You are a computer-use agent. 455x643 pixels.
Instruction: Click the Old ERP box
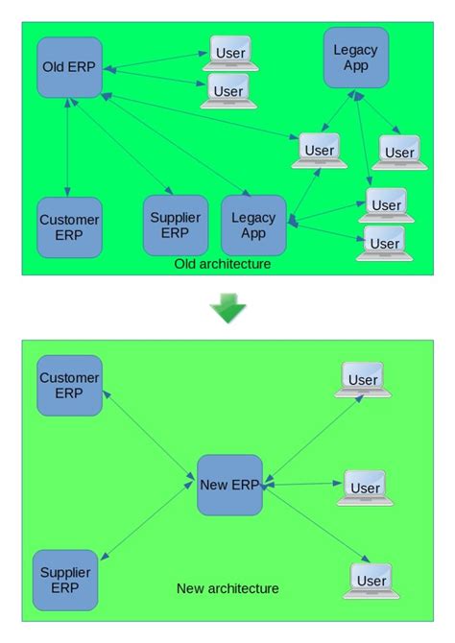pyautogui.click(x=69, y=67)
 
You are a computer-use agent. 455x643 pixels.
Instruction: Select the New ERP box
pyautogui.click(x=229, y=484)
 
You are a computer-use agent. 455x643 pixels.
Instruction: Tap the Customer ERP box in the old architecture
pyautogui.click(x=69, y=227)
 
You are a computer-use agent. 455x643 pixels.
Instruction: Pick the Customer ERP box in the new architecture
pyautogui.click(x=69, y=385)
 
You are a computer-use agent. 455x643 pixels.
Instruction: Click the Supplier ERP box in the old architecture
pyautogui.click(x=175, y=226)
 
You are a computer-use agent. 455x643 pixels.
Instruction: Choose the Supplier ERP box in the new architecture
pyautogui.click(x=65, y=580)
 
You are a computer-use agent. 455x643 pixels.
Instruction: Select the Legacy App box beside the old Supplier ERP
pyautogui.click(x=253, y=226)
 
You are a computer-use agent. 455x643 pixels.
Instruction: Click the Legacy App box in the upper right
pyautogui.click(x=355, y=58)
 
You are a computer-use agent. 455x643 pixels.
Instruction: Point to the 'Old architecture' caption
pyautogui.click(x=223, y=264)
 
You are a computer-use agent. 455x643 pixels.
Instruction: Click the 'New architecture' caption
pyautogui.click(x=227, y=588)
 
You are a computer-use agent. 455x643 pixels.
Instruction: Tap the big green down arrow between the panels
pyautogui.click(x=228, y=307)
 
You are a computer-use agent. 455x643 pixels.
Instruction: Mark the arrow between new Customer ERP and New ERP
pyautogui.click(x=150, y=436)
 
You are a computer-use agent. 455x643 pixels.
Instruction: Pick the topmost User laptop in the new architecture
pyautogui.click(x=363, y=381)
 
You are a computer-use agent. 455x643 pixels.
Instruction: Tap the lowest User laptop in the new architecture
pyautogui.click(x=371, y=581)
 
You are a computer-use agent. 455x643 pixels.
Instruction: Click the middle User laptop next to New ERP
pyautogui.click(x=365, y=488)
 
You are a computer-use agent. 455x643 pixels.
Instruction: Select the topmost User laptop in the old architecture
pyautogui.click(x=228, y=55)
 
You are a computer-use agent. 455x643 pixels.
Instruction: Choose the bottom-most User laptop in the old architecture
pyautogui.click(x=384, y=244)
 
